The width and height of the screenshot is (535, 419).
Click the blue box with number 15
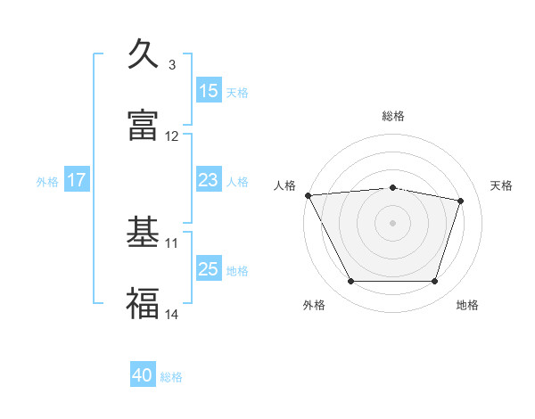tap(209, 91)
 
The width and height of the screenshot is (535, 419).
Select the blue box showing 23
tap(209, 180)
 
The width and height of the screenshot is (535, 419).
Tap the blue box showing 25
tap(209, 269)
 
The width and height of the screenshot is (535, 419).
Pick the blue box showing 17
tap(77, 180)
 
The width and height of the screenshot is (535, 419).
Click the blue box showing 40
tap(143, 376)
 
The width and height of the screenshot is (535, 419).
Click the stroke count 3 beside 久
tap(172, 65)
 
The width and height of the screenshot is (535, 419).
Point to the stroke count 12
tap(172, 136)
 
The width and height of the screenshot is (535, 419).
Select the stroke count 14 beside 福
tap(172, 314)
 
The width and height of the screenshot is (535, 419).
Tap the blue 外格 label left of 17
tap(47, 181)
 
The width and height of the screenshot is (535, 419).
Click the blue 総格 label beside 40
tap(171, 377)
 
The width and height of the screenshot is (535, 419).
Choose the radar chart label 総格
tap(393, 116)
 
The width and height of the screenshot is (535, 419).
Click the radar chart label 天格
tap(502, 185)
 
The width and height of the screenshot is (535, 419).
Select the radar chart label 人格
tap(284, 185)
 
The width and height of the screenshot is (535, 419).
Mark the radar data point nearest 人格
tap(308, 195)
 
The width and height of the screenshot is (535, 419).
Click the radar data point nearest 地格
tap(434, 282)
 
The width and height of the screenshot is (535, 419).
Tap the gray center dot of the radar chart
tap(393, 223)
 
